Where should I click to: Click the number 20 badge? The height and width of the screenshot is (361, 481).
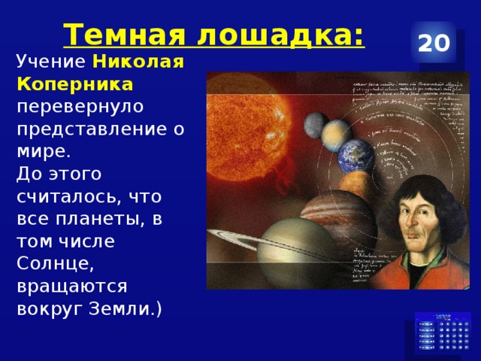[434, 44]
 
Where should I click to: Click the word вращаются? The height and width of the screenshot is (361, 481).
[71, 287]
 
